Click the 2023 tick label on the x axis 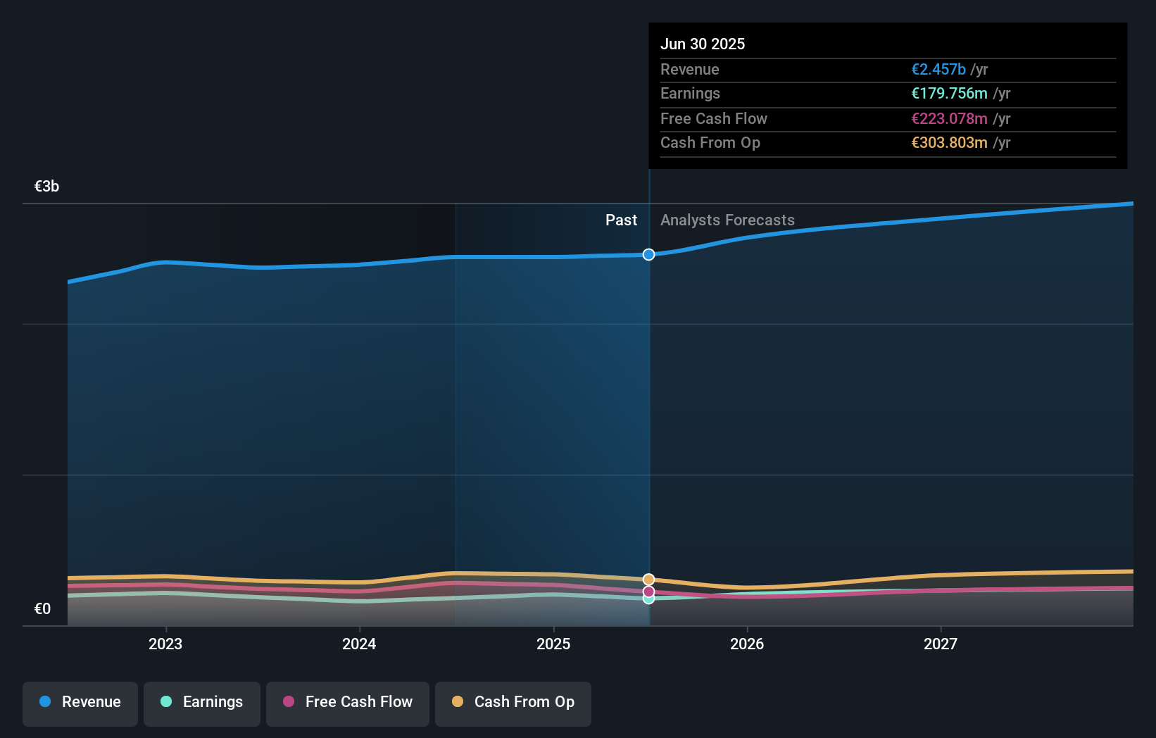tap(165, 644)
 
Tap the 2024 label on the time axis tap(359, 644)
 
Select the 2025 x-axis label tap(553, 644)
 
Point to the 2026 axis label tap(747, 644)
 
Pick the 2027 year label tap(941, 644)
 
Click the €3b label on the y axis tap(46, 187)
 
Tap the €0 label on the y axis tap(42, 609)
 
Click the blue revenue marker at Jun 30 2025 tap(648, 254)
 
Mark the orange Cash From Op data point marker tap(648, 580)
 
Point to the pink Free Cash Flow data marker tap(648, 592)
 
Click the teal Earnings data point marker tap(648, 599)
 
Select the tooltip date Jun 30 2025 tap(703, 44)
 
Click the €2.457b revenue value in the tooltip tap(938, 69)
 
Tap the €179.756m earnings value tap(949, 94)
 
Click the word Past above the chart tap(621, 220)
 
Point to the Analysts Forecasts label tap(727, 220)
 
